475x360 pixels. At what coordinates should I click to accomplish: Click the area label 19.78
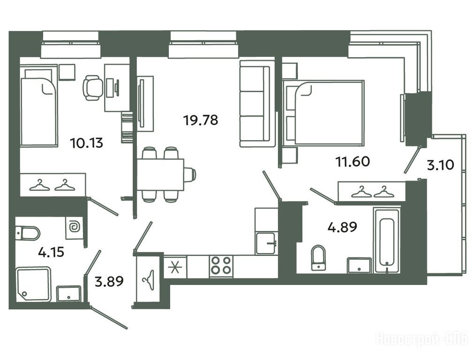[x=201, y=120]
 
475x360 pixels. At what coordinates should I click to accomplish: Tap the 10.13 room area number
[x=86, y=142]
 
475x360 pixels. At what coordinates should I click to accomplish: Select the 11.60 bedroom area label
[x=353, y=161]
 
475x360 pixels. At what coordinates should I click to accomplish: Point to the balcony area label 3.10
[x=440, y=165]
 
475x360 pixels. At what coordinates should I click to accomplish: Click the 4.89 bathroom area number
[x=342, y=227]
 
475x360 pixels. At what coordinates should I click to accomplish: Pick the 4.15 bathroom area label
[x=51, y=252]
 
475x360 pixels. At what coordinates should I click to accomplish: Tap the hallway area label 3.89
[x=109, y=281]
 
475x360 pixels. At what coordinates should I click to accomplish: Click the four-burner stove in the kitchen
[x=221, y=265]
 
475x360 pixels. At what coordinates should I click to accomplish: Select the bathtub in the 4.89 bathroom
[x=386, y=240]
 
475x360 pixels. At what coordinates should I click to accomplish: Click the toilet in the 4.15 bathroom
[x=28, y=233]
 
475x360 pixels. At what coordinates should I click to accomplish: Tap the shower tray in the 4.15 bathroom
[x=33, y=284]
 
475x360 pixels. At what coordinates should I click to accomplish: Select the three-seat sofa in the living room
[x=255, y=104]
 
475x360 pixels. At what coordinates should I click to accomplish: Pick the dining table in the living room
[x=160, y=174]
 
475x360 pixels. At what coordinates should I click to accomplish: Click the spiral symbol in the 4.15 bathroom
[x=74, y=227]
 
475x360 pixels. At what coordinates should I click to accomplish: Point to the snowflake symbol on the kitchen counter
[x=175, y=267]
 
